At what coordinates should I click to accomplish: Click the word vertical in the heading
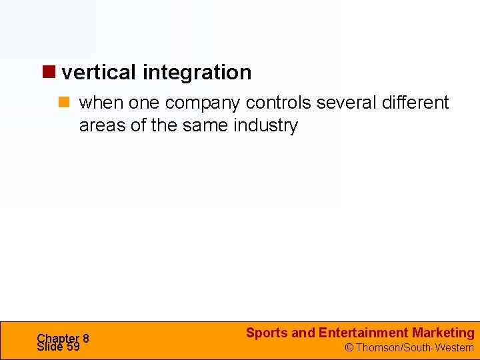tap(99, 72)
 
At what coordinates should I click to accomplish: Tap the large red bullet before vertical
tap(50, 71)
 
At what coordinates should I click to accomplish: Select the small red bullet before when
tap(65, 103)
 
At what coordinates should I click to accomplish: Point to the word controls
tap(281, 103)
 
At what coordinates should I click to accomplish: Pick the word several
tap(347, 103)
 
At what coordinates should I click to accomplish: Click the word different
tap(416, 103)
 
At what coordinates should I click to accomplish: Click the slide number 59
tap(73, 347)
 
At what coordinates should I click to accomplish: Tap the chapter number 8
tap(86, 338)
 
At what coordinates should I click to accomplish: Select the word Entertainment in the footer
tap(363, 333)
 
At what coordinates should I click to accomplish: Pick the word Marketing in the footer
tap(443, 333)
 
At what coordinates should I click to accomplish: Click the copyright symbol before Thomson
tap(349, 347)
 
